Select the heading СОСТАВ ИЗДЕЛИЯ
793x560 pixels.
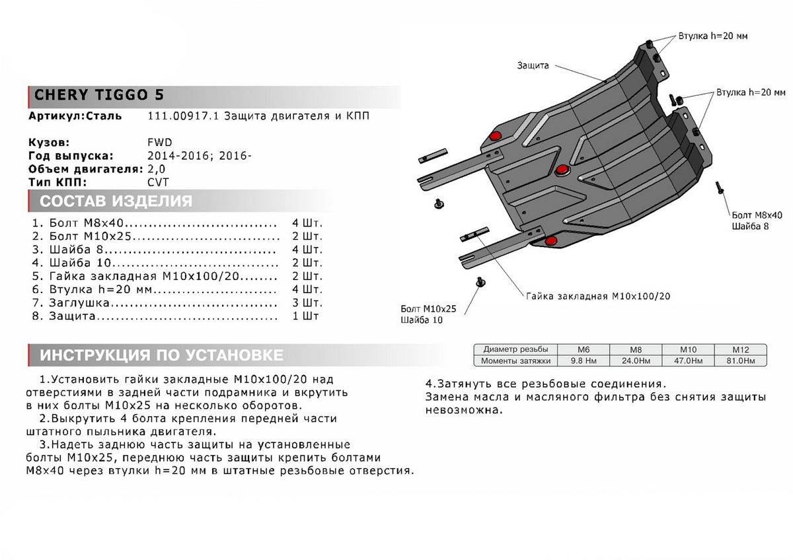[116, 201]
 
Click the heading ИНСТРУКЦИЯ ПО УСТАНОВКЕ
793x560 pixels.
[162, 355]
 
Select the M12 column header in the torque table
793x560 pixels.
[739, 349]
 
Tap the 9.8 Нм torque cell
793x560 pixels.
[582, 361]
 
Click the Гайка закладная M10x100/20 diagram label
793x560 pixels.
[598, 297]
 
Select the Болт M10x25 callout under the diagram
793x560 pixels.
[428, 308]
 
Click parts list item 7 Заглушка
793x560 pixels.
[74, 303]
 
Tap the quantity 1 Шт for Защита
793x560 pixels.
[305, 317]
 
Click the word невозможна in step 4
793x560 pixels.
[463, 409]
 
